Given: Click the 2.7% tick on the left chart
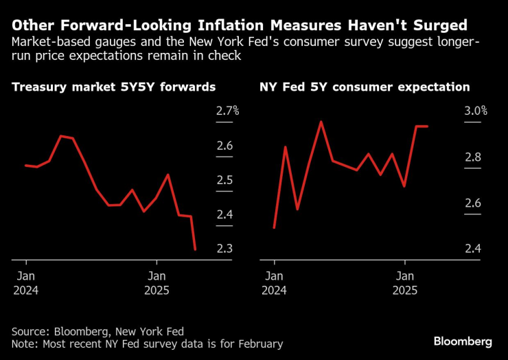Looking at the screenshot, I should tap(228, 111).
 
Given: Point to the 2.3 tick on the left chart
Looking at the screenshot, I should tap(225, 249).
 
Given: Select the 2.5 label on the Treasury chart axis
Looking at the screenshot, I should tap(225, 180).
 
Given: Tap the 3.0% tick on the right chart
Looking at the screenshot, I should tap(475, 111).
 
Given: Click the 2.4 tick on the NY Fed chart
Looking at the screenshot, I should tap(472, 249).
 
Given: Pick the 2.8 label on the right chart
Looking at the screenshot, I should tap(472, 157).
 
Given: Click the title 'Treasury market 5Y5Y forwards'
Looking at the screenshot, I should tap(114, 87).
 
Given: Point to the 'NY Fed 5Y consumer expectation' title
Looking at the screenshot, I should tap(365, 87).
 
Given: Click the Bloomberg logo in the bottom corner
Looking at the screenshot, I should tap(463, 341).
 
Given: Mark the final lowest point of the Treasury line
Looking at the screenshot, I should tap(196, 249).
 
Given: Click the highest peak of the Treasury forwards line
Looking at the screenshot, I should tap(61, 135).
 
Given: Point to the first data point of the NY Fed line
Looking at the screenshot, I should tap(274, 227).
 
